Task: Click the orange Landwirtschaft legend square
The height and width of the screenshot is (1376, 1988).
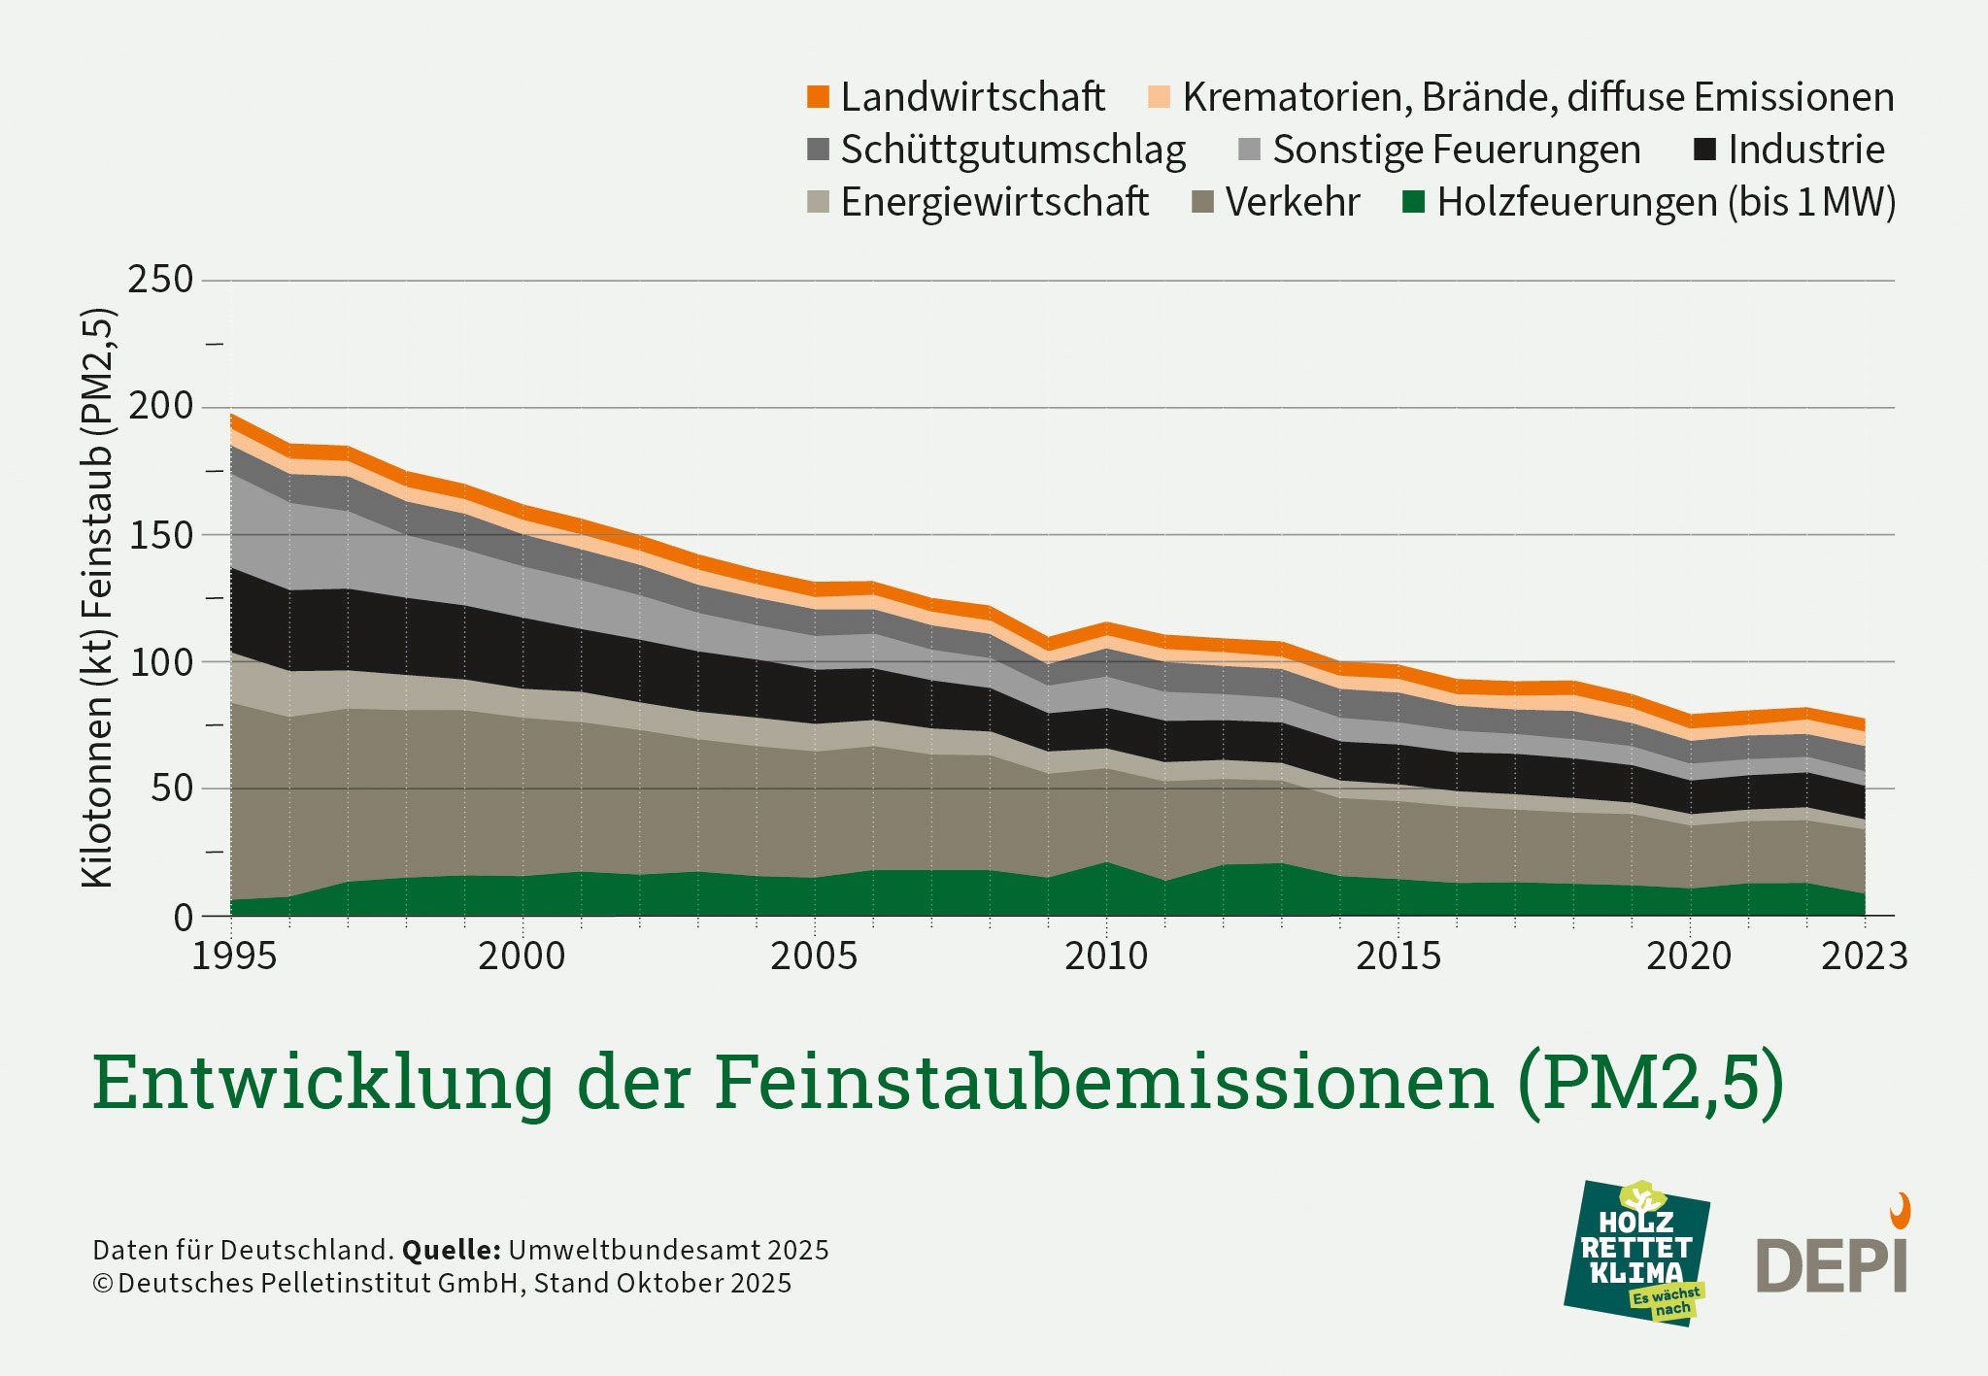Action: pos(818,97)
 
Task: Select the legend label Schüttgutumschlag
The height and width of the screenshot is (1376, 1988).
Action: pos(1012,151)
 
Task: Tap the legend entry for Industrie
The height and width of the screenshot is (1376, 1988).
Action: pos(1804,150)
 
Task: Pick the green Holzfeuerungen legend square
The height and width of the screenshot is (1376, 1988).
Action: pos(1414,202)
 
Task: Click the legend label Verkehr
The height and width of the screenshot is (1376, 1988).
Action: pos(1292,202)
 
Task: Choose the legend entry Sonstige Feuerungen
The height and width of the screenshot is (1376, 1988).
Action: pos(1456,150)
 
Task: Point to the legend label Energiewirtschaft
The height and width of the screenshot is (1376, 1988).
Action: pos(994,202)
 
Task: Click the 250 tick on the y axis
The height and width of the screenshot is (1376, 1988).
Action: pos(161,280)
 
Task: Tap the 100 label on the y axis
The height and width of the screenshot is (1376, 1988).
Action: pos(161,661)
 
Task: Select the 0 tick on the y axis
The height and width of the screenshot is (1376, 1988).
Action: pos(183,918)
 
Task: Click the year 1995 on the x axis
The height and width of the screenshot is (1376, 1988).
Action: pos(234,956)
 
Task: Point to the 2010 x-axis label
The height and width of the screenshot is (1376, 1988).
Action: pos(1106,956)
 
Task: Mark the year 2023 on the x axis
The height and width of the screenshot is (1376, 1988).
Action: pos(1864,956)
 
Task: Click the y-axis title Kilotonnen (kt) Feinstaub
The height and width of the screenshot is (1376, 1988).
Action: pos(98,597)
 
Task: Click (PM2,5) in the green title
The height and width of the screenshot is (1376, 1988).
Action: pos(1651,1083)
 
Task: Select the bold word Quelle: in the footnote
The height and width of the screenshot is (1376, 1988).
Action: pos(451,1250)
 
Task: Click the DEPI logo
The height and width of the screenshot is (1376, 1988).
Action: pos(1833,1258)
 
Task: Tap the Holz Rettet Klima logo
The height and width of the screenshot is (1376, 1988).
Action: pos(1637,1253)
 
